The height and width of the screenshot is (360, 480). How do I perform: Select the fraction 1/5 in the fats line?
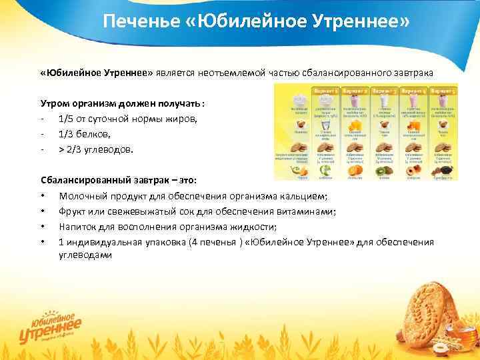(x=69, y=119)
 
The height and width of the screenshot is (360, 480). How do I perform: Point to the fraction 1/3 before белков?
(x=69, y=135)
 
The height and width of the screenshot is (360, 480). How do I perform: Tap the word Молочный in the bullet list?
(x=82, y=196)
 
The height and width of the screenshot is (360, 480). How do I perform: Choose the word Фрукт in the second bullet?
(x=71, y=211)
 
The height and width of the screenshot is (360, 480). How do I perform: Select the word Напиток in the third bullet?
(x=78, y=227)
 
